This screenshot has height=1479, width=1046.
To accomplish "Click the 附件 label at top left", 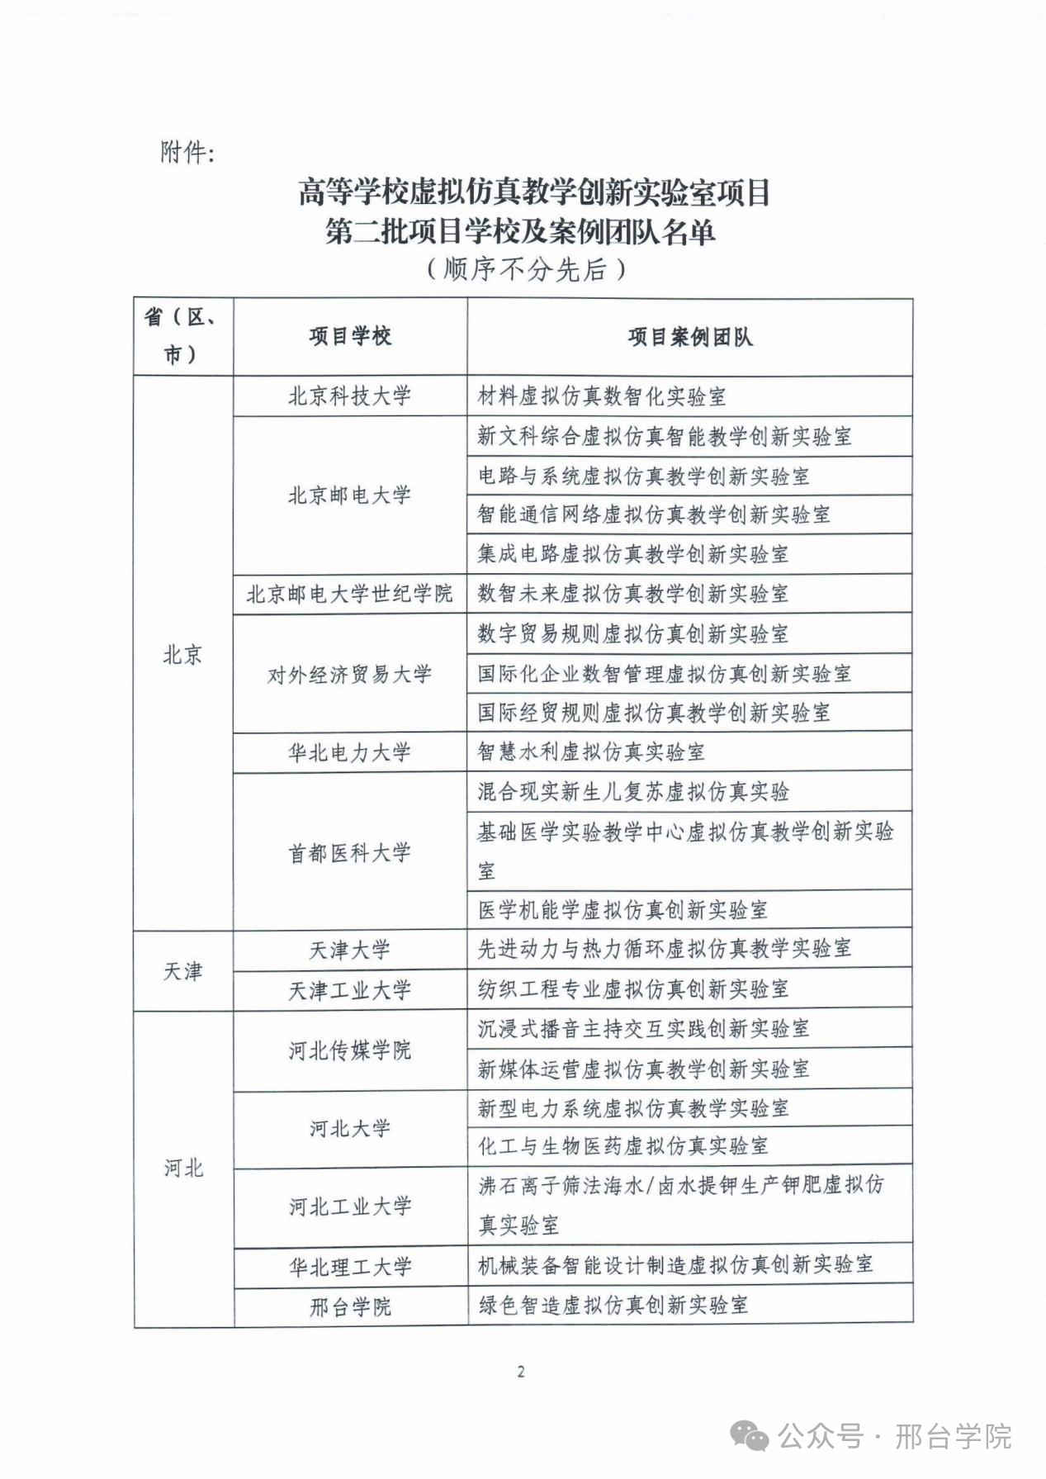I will pyautogui.click(x=187, y=152).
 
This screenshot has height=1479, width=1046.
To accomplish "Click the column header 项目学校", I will pyautogui.click(x=350, y=337).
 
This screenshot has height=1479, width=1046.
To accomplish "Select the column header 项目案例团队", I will pyautogui.click(x=689, y=337).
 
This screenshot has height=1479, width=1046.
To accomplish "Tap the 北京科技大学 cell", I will pyautogui.click(x=349, y=396).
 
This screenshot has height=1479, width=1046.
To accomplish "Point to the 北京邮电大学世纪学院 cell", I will pyautogui.click(x=349, y=594).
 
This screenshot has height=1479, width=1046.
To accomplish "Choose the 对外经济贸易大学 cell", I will pyautogui.click(x=349, y=674).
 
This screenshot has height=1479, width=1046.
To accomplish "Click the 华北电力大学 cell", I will pyautogui.click(x=349, y=752).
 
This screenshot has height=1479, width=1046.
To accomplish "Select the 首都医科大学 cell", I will pyautogui.click(x=349, y=852).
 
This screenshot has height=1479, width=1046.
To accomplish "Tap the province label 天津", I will pyautogui.click(x=182, y=970).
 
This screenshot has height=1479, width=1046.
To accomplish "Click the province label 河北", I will pyautogui.click(x=182, y=1168).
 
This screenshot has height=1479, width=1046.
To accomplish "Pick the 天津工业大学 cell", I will pyautogui.click(x=349, y=990).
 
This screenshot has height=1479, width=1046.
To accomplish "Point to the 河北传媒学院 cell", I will pyautogui.click(x=349, y=1050).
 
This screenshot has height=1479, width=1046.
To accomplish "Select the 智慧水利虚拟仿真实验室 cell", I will pyautogui.click(x=591, y=752).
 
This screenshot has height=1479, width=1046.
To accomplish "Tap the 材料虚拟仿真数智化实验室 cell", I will pyautogui.click(x=602, y=396).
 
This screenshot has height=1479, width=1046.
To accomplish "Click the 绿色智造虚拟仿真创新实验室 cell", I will pyautogui.click(x=613, y=1306).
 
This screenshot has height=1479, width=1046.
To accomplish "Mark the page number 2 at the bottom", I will pyautogui.click(x=521, y=1372).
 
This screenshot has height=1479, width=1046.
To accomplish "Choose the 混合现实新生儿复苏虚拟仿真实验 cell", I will pyautogui.click(x=633, y=792).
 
